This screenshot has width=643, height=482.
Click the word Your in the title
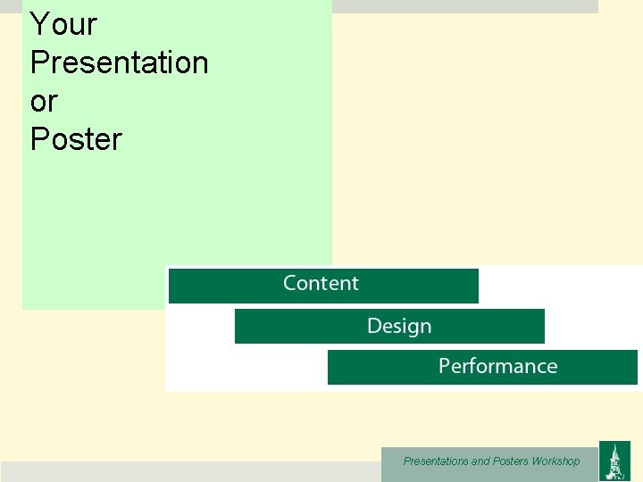[x=63, y=24]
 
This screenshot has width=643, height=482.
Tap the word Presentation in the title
[x=119, y=62]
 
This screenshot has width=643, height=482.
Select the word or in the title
[x=43, y=102]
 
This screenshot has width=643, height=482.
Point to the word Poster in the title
[x=76, y=139]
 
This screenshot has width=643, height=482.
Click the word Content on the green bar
[x=321, y=284]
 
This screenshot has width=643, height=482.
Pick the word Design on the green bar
[x=399, y=326]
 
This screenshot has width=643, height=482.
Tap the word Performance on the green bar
[x=497, y=367]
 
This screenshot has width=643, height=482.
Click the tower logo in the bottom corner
[x=614, y=461]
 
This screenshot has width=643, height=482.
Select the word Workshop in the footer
[x=555, y=461]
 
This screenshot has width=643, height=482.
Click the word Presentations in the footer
[x=435, y=461]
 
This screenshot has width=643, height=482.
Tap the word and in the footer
[x=480, y=461]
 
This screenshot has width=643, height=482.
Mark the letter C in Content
[x=290, y=284]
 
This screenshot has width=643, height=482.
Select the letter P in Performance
[x=444, y=367]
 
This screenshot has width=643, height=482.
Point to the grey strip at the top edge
[x=464, y=5]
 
